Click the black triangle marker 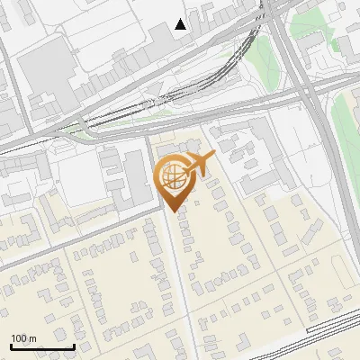click(181, 24)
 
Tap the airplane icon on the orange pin click(198, 163)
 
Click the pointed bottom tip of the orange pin click(172, 211)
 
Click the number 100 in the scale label click(20, 338)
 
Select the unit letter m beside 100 click(32, 338)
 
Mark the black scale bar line click(42, 346)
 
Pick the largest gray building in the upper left click(45, 67)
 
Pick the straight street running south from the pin click(180, 279)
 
